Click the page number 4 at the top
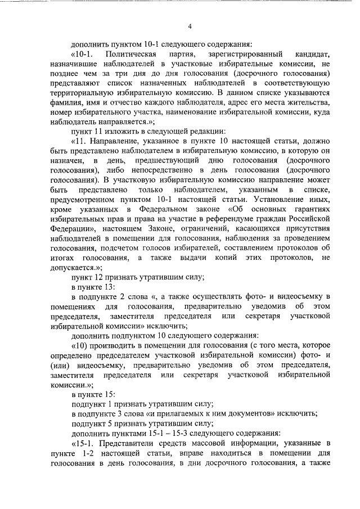coord(190,26)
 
